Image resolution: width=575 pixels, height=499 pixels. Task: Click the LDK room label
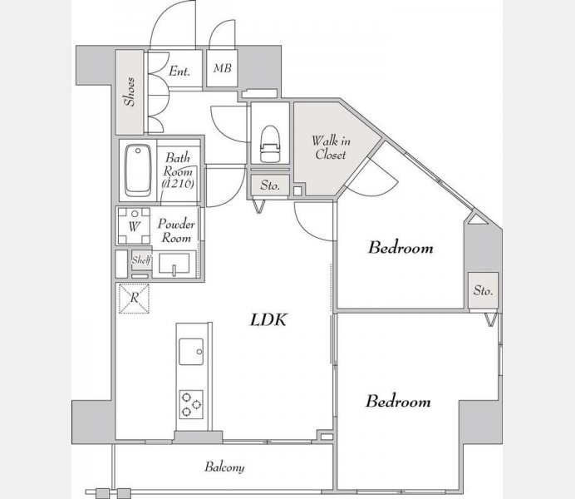coord(268,319)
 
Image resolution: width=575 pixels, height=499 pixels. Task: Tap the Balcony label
coord(224,467)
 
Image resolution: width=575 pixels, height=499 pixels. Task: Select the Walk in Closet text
coord(331,147)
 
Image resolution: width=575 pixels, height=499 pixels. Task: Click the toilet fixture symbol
coord(270,144)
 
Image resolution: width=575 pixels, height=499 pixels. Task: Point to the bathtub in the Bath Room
coord(138,170)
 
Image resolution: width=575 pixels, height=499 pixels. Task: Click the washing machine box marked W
coord(135,225)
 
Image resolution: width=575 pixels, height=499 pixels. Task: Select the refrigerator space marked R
coord(135,298)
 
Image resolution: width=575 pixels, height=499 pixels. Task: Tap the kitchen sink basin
coord(191,352)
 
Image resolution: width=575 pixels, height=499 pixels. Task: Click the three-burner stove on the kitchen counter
coord(191,405)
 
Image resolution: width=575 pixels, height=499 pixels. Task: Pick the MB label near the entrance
coord(223,68)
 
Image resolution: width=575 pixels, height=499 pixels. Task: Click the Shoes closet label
coord(130,91)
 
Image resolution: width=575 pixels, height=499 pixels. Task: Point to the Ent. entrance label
coord(179,71)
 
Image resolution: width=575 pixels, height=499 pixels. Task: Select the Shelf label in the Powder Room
coord(141,260)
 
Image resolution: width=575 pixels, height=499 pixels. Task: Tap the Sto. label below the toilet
coord(270,185)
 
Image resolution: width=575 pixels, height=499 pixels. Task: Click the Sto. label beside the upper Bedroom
coord(484,290)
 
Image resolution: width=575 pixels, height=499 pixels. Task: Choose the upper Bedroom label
coord(401,247)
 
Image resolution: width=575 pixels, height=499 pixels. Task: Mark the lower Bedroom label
coord(398,401)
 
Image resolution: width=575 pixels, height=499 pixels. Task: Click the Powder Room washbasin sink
coord(174,264)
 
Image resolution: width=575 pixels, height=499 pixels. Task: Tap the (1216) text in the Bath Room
coord(178,183)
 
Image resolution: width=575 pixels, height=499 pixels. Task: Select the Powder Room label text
coord(176,231)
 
